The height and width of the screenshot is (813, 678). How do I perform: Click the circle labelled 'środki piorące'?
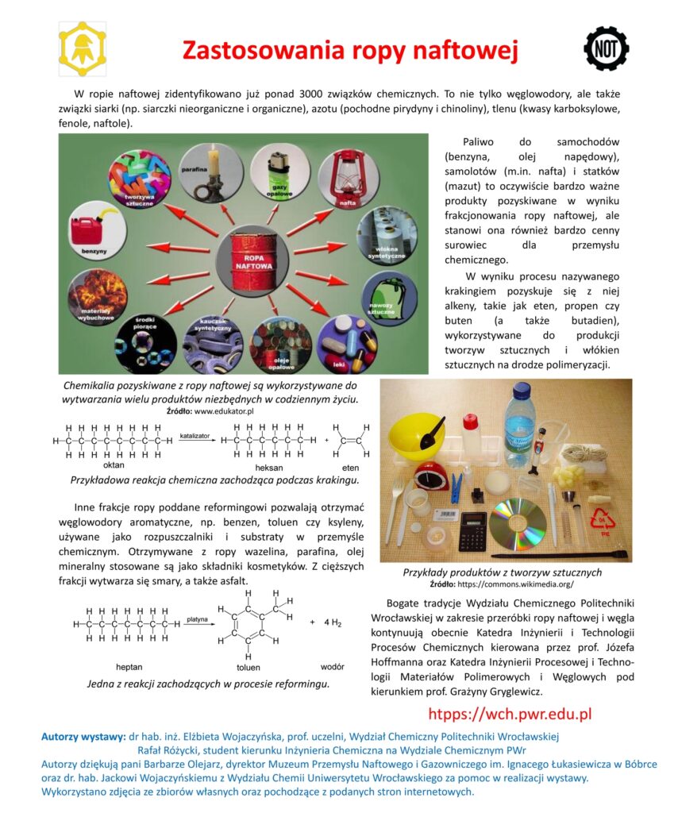148,344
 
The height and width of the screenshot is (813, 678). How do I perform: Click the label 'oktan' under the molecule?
114,465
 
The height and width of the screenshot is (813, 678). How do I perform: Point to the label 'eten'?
350,468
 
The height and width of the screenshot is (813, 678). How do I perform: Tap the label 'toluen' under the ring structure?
248,667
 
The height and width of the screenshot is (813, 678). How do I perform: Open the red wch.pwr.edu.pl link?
510,713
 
